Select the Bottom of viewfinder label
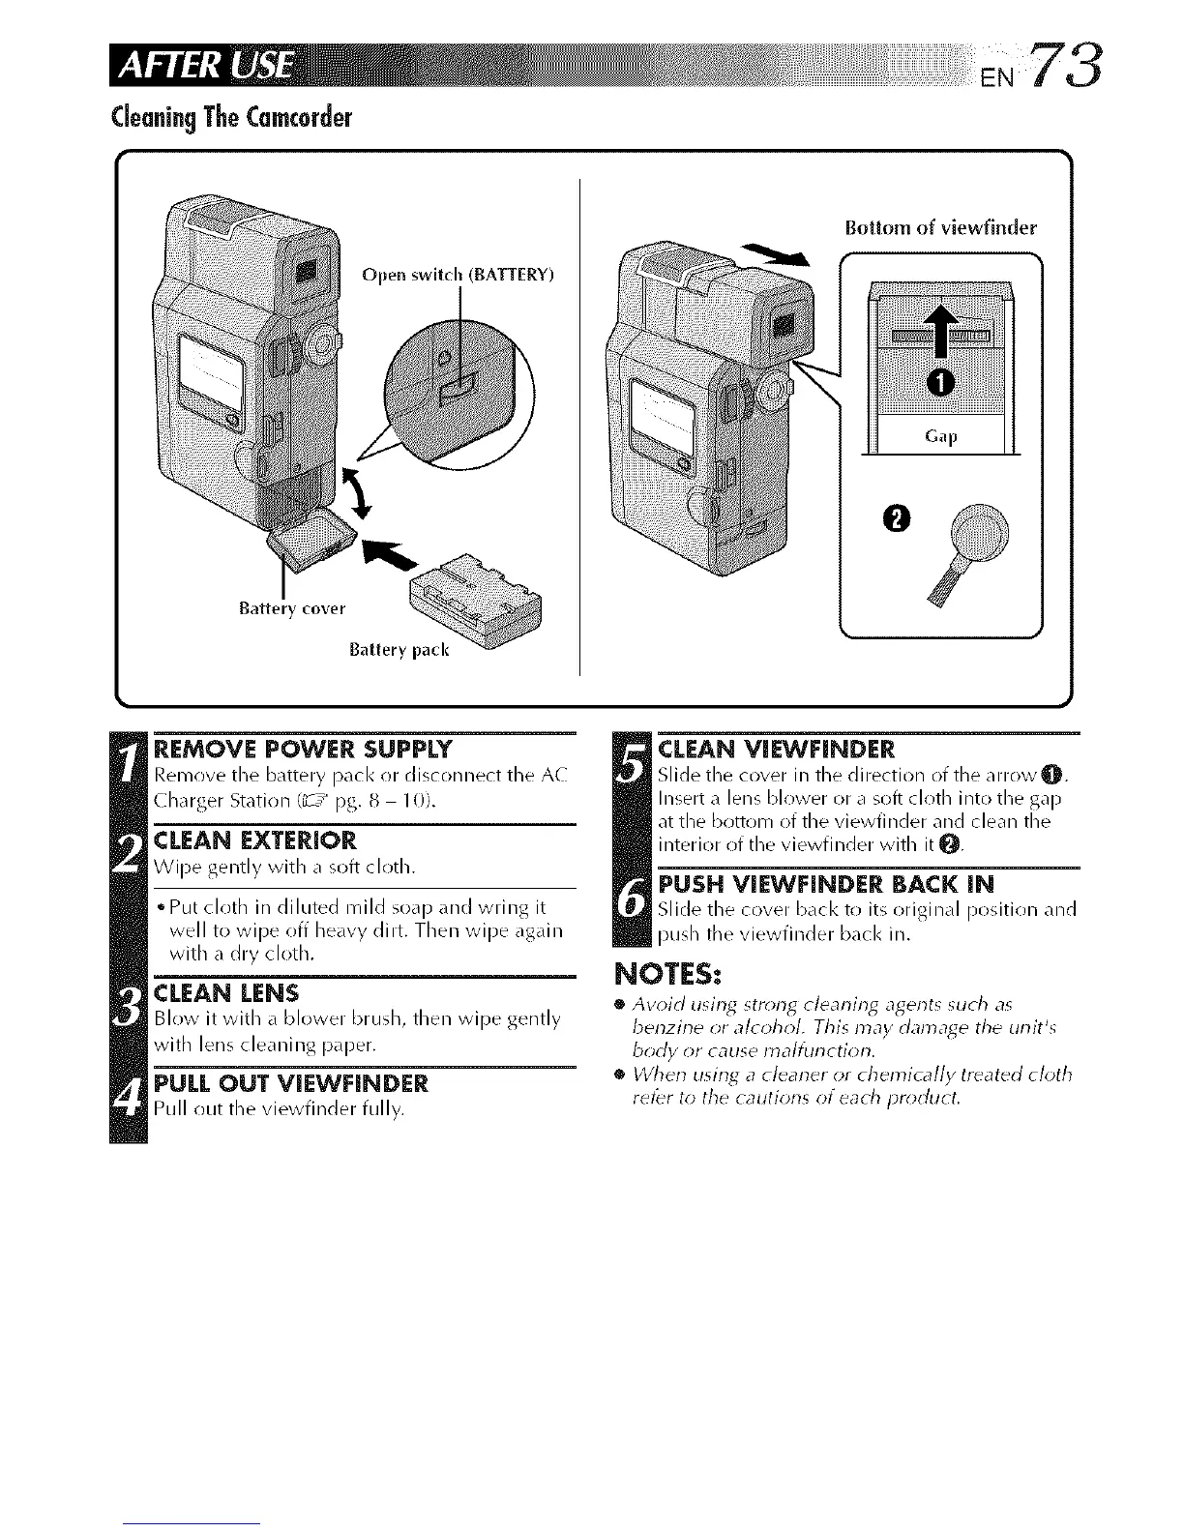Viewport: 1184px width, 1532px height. pos(940,228)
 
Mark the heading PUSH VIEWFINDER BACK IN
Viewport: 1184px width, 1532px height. pos(824,885)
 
